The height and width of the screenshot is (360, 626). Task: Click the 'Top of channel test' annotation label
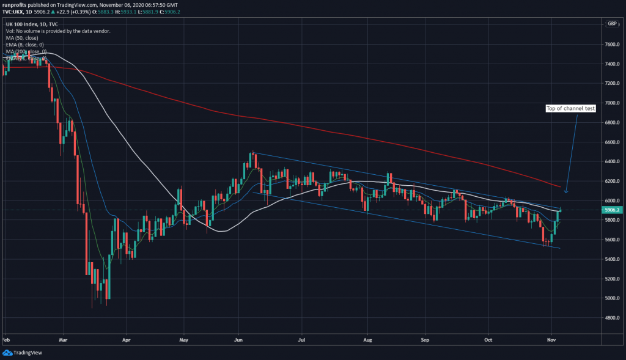pyautogui.click(x=561, y=109)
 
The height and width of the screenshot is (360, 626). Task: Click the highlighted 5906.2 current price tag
pyautogui.click(x=612, y=210)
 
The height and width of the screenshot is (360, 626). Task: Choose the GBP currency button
pyautogui.click(x=611, y=23)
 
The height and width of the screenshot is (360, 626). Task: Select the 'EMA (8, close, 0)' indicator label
pyautogui.click(x=24, y=45)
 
